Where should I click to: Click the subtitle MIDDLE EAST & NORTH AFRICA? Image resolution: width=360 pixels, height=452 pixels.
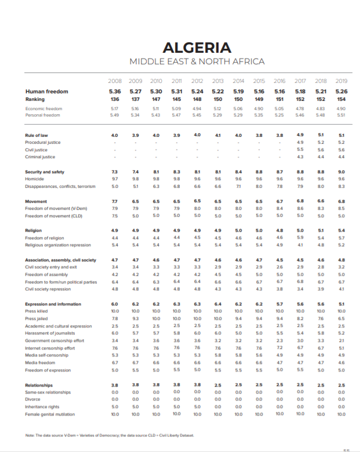click(x=197, y=61)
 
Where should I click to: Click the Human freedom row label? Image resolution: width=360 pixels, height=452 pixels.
click(x=46, y=92)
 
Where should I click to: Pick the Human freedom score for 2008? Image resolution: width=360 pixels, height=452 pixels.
click(x=115, y=92)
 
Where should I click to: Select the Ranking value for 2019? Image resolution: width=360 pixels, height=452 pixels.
click(x=341, y=99)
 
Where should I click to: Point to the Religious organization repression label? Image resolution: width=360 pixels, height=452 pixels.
click(x=57, y=245)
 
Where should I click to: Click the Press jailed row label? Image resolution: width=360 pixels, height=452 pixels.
click(x=38, y=318)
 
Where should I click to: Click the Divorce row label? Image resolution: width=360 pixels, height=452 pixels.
click(x=34, y=400)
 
